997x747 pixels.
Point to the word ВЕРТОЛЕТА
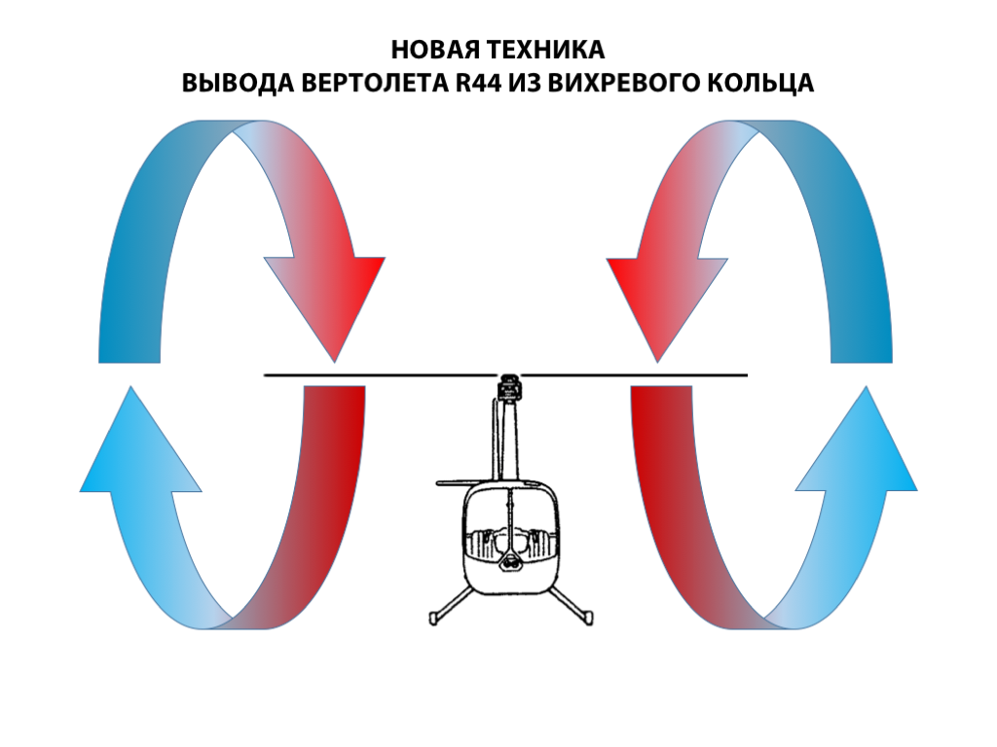click(375, 84)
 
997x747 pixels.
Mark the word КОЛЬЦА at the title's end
click(765, 84)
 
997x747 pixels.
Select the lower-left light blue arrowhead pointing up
click(140, 447)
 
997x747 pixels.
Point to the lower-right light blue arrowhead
click(857, 447)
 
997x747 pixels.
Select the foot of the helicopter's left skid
click(435, 616)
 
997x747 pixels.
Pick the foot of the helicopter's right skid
click(587, 616)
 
